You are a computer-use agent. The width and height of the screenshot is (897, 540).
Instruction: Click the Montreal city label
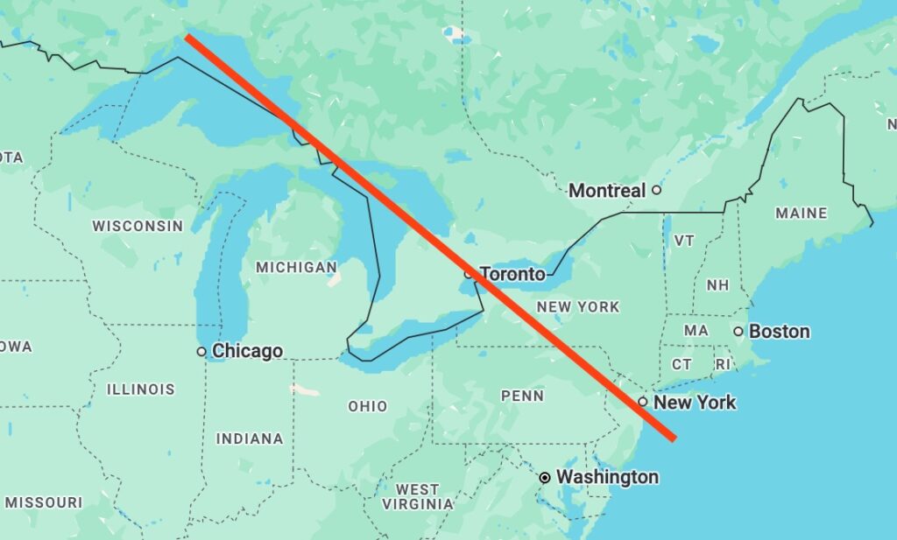tap(607, 190)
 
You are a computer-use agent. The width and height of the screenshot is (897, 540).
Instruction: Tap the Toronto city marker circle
tap(469, 274)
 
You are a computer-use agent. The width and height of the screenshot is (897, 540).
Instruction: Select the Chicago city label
tap(247, 351)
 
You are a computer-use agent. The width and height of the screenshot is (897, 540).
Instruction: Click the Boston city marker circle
tap(738, 331)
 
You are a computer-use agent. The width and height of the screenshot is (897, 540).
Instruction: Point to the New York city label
tap(695, 403)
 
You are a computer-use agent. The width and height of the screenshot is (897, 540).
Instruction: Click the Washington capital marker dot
tap(545, 477)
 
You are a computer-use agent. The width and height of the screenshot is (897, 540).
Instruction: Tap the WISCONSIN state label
tap(138, 226)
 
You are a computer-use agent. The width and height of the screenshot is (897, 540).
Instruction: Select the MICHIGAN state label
tap(296, 267)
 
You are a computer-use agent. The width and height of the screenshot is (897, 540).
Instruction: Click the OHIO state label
tap(367, 406)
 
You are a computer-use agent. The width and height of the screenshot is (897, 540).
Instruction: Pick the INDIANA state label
tap(250, 438)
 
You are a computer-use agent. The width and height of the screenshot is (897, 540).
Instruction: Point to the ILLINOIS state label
tap(141, 389)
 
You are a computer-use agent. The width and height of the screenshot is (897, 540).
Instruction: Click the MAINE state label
tap(801, 213)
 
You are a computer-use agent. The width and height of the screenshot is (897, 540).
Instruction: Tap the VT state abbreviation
tap(684, 241)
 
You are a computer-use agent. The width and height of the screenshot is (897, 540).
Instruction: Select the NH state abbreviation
tap(717, 285)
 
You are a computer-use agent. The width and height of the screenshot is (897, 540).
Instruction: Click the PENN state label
tap(522, 396)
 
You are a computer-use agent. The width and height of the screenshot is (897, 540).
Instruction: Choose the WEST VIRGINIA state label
tap(418, 496)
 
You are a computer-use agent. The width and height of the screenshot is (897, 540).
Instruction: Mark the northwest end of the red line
tap(188, 37)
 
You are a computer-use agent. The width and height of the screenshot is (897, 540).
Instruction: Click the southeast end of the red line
tap(674, 438)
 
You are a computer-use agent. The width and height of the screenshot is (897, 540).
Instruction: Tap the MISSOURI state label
tap(43, 502)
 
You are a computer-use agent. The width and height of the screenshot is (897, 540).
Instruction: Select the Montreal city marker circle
tap(655, 189)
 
